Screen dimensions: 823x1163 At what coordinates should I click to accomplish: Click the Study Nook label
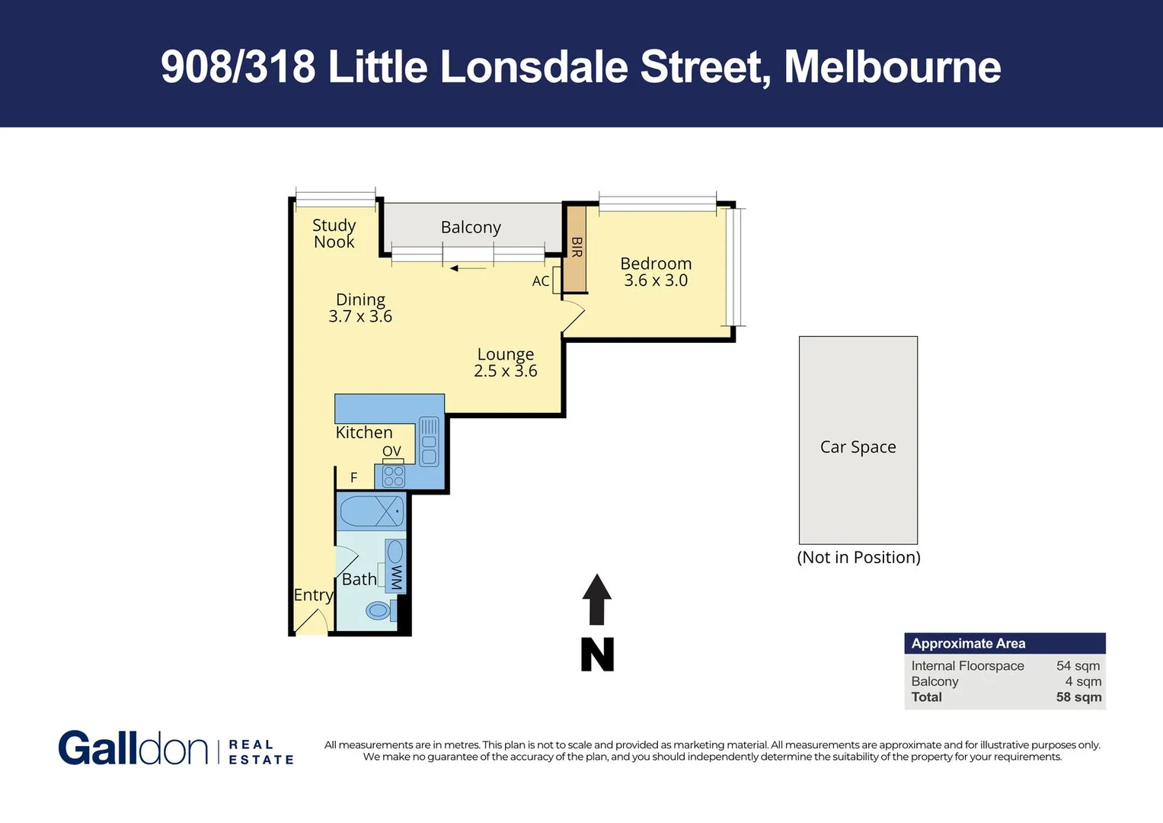click(x=334, y=233)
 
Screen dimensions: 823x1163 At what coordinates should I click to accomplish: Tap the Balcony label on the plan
click(x=471, y=227)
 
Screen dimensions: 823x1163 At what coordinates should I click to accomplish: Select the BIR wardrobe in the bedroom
click(x=575, y=248)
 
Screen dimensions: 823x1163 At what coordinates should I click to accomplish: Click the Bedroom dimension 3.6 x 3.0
click(x=656, y=280)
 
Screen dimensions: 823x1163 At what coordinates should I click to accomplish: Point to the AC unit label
click(x=541, y=281)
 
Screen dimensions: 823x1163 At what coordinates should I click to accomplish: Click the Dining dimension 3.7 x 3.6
click(x=360, y=316)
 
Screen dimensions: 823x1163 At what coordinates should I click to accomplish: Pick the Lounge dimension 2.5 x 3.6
click(x=505, y=371)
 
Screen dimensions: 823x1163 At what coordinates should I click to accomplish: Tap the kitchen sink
click(x=429, y=441)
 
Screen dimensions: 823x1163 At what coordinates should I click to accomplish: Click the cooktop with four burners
click(x=394, y=476)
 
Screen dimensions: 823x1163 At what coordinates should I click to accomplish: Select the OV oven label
click(x=391, y=451)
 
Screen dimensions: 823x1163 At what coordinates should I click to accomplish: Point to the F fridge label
click(x=353, y=478)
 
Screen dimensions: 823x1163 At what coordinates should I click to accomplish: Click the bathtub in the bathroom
click(x=371, y=511)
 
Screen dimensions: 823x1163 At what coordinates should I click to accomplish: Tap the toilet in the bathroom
click(x=379, y=610)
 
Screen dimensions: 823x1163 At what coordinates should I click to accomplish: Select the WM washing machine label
click(x=395, y=577)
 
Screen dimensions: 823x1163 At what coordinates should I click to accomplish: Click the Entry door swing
click(x=311, y=622)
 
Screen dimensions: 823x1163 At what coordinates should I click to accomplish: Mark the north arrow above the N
click(x=597, y=598)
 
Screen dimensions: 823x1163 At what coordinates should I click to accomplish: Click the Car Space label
click(x=858, y=447)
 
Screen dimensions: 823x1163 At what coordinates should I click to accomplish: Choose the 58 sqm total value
click(x=1078, y=697)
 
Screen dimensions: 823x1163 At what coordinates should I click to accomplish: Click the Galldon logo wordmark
click(x=133, y=748)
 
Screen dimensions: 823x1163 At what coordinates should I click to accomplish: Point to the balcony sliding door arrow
click(x=468, y=268)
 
